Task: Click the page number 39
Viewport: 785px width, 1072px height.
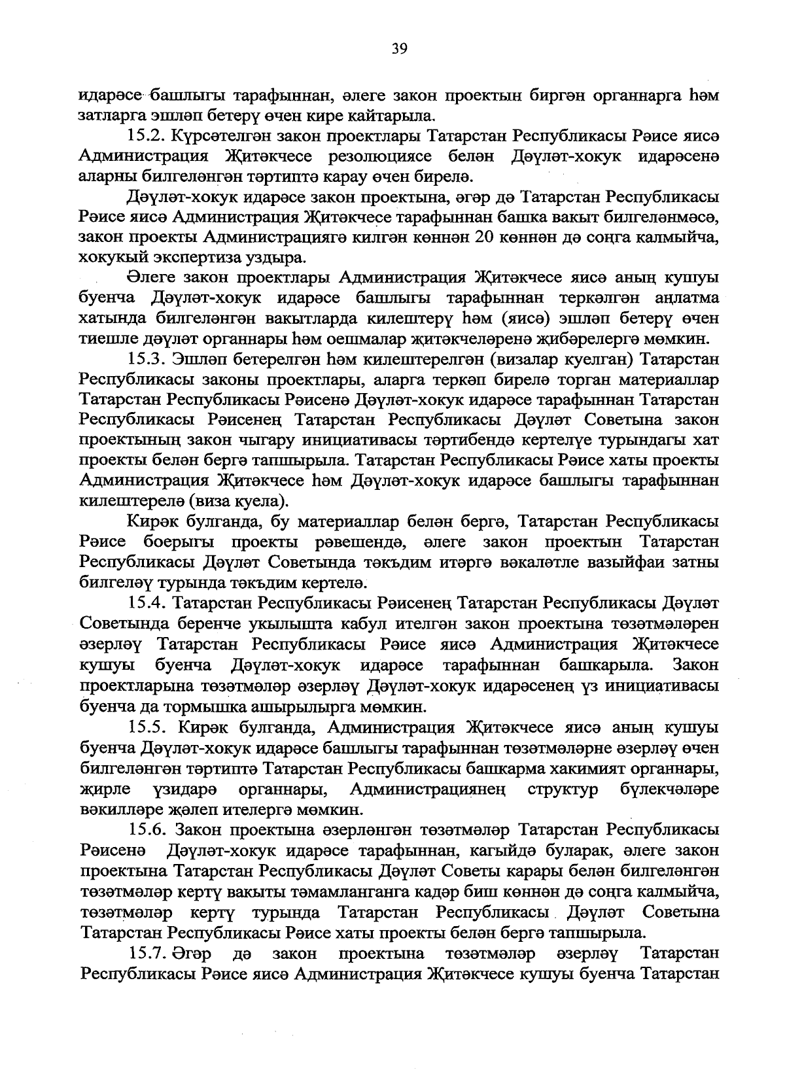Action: coord(399,46)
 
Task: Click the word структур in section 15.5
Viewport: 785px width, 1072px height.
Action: coord(562,789)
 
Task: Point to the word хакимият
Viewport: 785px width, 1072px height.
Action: coord(595,768)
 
